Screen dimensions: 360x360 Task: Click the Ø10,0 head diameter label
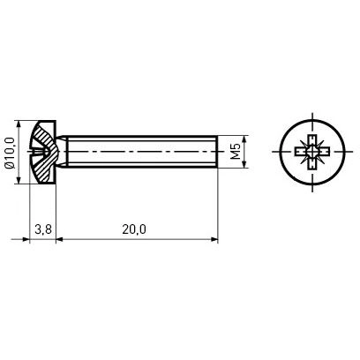[x=11, y=153]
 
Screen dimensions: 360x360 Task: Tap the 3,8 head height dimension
[x=43, y=229]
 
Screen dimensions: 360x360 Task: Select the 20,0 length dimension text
[x=134, y=229]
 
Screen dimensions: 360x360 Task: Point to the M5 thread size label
[x=236, y=152]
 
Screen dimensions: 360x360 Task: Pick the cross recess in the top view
[x=312, y=152]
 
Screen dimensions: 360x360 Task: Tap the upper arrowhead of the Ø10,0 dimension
[x=19, y=124]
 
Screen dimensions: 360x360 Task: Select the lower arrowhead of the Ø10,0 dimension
[x=19, y=180]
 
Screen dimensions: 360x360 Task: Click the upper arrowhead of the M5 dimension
[x=244, y=139]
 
